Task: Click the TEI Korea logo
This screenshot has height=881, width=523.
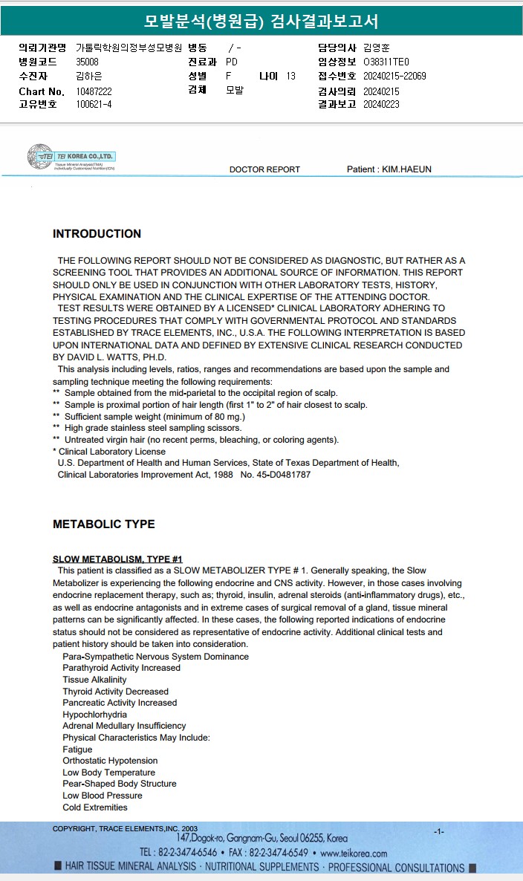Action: point(71,157)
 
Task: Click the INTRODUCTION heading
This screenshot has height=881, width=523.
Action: point(97,234)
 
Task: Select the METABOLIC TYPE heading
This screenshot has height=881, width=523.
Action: point(103,524)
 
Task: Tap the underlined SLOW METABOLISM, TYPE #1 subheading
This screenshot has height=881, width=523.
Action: point(117,559)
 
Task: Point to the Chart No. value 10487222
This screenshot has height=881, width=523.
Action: point(94,91)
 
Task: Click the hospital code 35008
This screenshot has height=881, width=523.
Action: point(87,62)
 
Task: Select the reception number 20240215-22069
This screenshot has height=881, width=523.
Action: point(394,76)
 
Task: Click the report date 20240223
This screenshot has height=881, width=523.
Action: point(381,105)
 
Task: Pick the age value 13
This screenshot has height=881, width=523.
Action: point(290,76)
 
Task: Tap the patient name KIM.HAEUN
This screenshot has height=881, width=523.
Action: point(406,169)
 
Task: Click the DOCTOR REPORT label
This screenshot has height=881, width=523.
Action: point(264,169)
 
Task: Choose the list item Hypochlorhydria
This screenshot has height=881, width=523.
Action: point(94,715)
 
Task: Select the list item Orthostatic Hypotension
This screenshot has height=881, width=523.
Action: point(110,761)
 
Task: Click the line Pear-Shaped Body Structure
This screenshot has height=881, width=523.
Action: point(120,784)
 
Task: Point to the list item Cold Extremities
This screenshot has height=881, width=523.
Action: point(95,807)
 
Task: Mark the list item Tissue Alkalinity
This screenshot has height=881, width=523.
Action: point(94,680)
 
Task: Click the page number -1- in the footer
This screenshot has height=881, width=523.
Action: point(439,831)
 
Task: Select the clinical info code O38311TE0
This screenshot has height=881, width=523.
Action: point(386,62)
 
